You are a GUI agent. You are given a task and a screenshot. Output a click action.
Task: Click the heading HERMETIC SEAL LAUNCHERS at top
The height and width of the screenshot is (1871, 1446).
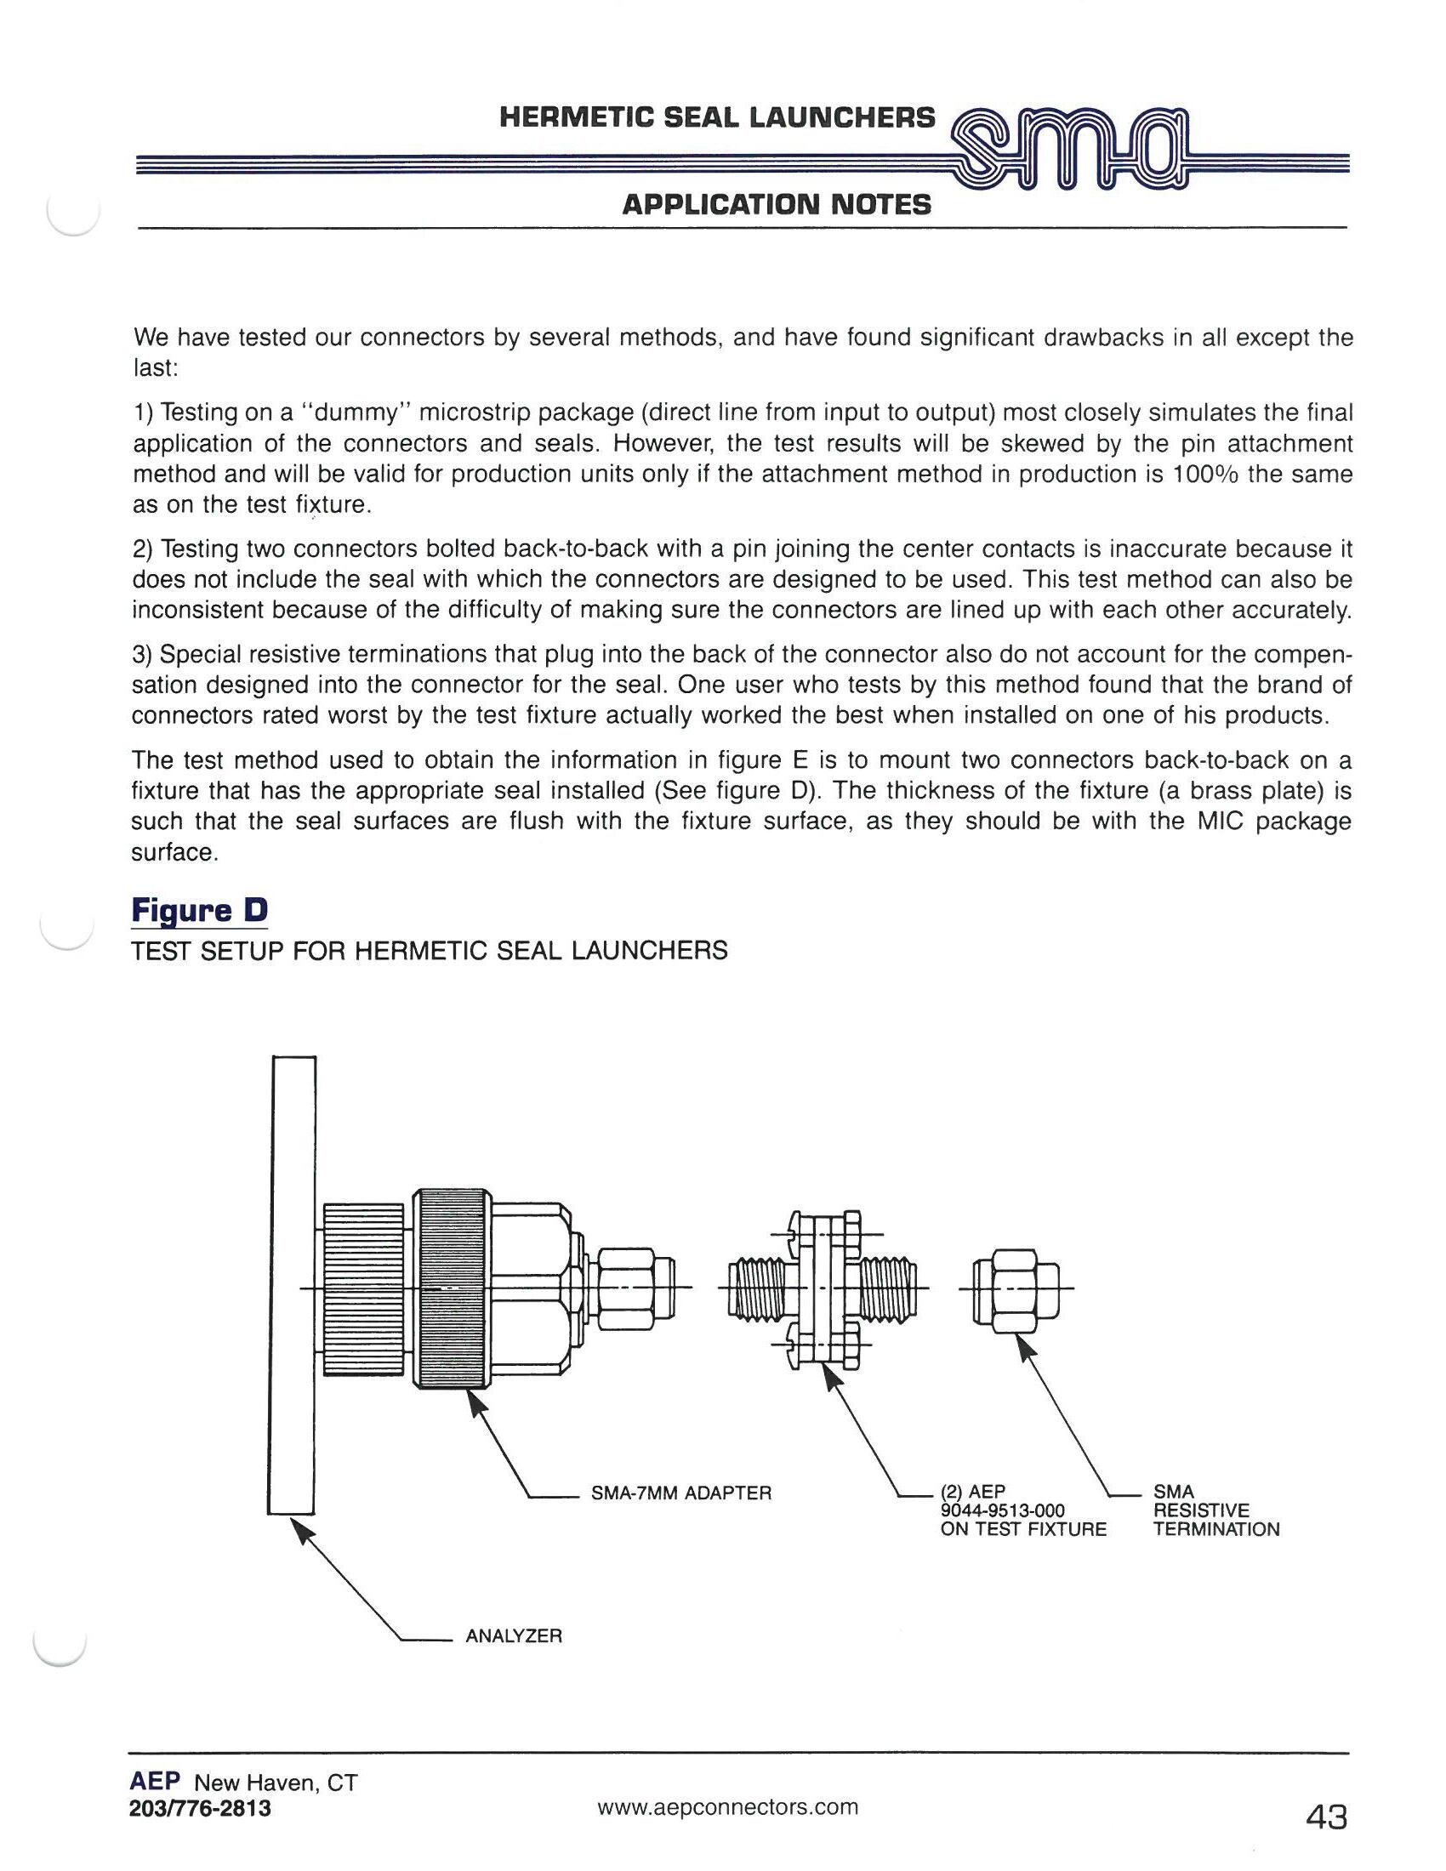[717, 117]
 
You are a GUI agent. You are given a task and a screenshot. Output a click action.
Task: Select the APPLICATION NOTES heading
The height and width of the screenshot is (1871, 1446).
[776, 205]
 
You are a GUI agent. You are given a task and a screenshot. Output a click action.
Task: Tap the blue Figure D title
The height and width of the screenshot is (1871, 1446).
[199, 909]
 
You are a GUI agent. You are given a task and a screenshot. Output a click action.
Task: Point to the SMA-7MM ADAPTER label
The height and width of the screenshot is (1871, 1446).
[681, 1493]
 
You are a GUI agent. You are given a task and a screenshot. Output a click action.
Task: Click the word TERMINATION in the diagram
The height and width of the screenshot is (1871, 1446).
[1215, 1529]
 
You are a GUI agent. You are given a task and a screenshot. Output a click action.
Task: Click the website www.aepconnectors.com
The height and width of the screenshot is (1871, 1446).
[727, 1806]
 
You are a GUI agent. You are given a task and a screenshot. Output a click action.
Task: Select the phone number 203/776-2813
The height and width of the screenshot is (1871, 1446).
[200, 1808]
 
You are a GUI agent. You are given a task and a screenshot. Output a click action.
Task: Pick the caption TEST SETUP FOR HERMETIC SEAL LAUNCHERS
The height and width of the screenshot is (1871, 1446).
[430, 950]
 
